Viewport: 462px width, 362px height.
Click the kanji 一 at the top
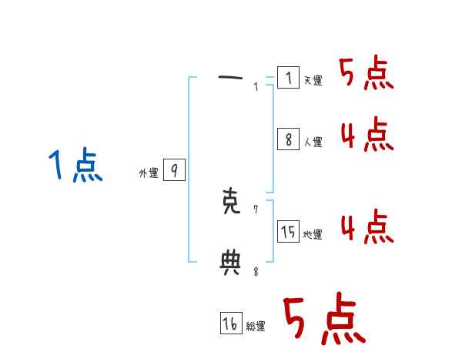[230, 77]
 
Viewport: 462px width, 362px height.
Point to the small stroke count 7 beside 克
[256, 209]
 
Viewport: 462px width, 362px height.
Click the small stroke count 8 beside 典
[256, 270]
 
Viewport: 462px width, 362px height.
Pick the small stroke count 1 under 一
[256, 87]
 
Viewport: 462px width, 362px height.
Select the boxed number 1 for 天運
[288, 78]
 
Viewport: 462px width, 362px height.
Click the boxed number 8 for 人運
[288, 139]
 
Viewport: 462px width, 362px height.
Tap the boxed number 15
[288, 231]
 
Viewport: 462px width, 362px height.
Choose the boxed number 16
[230, 323]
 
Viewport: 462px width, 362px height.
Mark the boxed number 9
[174, 170]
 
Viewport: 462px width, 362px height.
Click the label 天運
[313, 81]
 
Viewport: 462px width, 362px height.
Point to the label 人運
[313, 142]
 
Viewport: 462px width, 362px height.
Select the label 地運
[313, 235]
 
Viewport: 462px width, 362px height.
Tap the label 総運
[256, 327]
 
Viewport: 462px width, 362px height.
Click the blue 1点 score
[75, 166]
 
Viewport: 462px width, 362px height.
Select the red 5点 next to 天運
[367, 75]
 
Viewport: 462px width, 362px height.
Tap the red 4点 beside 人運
[367, 136]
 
